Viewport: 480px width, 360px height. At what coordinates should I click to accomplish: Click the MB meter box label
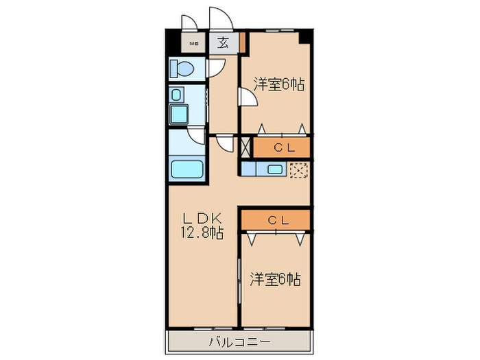point(194,45)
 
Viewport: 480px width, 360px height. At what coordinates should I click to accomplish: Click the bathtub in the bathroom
point(187,169)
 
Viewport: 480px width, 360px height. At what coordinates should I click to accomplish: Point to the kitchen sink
point(275,169)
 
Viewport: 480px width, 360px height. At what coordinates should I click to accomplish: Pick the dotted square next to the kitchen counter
point(298,170)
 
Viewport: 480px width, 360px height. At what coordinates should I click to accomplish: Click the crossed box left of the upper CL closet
point(246,146)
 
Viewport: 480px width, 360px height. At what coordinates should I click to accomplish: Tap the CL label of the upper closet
point(282,147)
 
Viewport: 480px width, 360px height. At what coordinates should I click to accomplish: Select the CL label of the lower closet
point(276,220)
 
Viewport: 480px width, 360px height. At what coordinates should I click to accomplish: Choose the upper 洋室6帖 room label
point(278,85)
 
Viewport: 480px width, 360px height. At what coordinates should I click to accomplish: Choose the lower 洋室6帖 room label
point(275,280)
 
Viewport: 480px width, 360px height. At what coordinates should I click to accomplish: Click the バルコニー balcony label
point(239,341)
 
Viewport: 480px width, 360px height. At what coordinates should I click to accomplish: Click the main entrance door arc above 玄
point(221,19)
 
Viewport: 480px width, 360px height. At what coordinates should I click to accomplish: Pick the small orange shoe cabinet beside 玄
point(243,43)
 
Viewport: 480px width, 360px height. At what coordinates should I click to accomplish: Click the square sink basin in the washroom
point(180,113)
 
